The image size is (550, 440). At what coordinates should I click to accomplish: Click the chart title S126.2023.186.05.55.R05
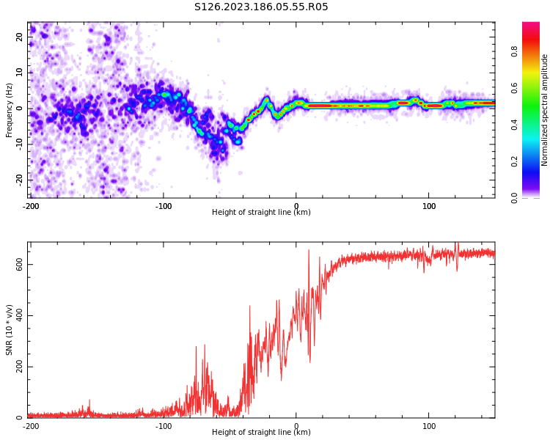(261, 7)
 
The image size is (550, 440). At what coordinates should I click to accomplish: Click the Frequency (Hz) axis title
(10, 110)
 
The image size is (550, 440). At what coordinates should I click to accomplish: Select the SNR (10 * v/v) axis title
(10, 330)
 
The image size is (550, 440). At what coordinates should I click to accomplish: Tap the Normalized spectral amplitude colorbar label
(545, 110)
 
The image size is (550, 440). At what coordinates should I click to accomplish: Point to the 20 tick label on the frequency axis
(21, 37)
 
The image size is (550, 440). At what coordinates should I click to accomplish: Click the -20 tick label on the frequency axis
(19, 179)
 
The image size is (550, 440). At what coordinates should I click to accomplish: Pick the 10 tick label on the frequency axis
(21, 73)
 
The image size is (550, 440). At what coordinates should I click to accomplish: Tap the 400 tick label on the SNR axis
(18, 316)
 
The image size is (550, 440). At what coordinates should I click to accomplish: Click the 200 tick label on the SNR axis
(18, 367)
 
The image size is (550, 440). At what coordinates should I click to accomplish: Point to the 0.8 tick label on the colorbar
(515, 51)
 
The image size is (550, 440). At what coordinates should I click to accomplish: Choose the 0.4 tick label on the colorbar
(515, 125)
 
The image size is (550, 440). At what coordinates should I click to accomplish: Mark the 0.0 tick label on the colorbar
(515, 197)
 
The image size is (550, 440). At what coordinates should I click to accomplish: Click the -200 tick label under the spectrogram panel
(31, 206)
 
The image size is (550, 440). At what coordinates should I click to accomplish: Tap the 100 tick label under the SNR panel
(429, 426)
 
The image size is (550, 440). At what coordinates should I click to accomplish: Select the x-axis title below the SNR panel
(261, 433)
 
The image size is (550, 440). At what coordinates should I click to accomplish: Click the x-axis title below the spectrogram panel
(261, 213)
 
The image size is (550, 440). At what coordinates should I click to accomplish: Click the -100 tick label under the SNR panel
(164, 426)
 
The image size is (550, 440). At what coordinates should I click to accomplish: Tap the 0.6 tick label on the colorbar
(515, 88)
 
